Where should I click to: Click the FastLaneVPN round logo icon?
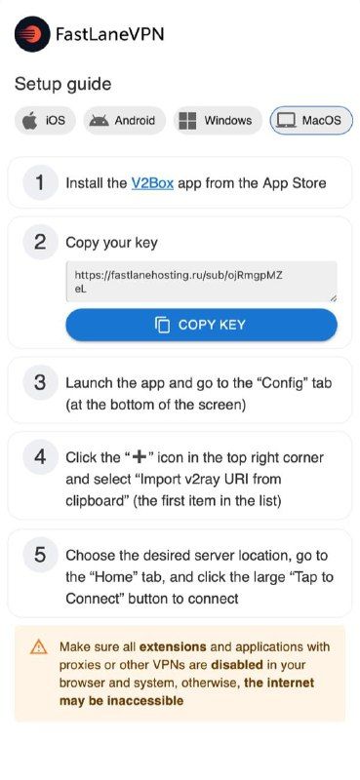coord(32,34)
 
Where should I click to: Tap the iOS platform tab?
coord(45,120)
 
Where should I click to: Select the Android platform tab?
coord(125,120)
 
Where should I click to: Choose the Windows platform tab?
coord(218,120)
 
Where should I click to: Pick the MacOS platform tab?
coord(311,120)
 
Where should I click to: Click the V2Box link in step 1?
coord(152,183)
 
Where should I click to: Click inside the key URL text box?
coord(201,282)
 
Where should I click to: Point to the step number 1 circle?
coord(40,183)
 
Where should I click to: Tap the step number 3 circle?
coord(40,383)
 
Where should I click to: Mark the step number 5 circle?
coord(40,555)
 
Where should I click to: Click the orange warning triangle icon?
coord(38,647)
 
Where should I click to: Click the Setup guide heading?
coord(62,84)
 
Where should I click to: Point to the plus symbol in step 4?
coord(140,457)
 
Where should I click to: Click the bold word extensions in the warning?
coord(173,646)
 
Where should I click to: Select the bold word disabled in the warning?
coord(236,665)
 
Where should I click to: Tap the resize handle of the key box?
coord(333,298)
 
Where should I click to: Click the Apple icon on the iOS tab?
coord(30,120)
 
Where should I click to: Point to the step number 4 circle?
coord(40,457)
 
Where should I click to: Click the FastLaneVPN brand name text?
coord(109,34)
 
